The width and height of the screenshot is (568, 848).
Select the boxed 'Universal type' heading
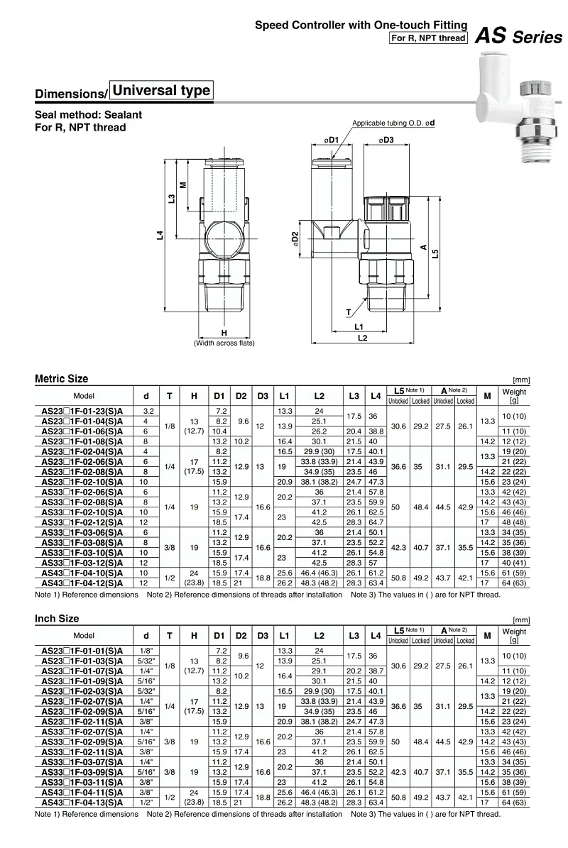(x=161, y=90)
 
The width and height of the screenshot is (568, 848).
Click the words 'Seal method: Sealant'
(x=89, y=115)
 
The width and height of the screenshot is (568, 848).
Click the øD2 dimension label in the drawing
(x=296, y=239)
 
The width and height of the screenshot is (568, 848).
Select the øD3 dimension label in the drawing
(x=386, y=141)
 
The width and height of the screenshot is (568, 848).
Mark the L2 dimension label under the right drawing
(x=362, y=338)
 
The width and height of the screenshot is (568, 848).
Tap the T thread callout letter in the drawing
(x=349, y=313)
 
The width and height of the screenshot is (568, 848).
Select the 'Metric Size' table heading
(x=62, y=379)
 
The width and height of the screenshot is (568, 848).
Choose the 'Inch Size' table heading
(x=57, y=619)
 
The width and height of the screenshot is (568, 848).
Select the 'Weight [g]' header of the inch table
(x=514, y=635)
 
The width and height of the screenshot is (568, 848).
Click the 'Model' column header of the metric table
(x=84, y=395)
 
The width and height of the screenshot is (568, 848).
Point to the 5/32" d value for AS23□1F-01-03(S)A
(x=146, y=660)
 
